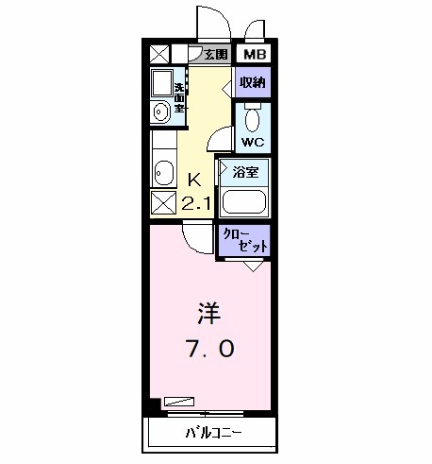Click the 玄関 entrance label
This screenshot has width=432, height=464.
pyautogui.click(x=216, y=55)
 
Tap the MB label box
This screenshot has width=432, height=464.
pyautogui.click(x=255, y=55)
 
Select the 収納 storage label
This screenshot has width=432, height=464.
pyautogui.click(x=252, y=82)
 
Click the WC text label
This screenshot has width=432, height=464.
pyautogui.click(x=252, y=143)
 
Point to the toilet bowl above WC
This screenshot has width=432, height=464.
pyautogui.click(x=252, y=118)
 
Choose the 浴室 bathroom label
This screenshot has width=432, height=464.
pyautogui.click(x=245, y=173)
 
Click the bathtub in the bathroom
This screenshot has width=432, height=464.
pyautogui.click(x=244, y=201)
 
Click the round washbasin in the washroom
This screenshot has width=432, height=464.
pyautogui.click(x=161, y=112)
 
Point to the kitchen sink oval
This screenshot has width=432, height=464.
pyautogui.click(x=163, y=173)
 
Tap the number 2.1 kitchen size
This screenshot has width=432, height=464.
pyautogui.click(x=196, y=202)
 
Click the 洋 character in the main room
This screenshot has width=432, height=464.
pyautogui.click(x=208, y=311)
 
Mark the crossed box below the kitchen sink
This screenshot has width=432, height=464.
pyautogui.click(x=163, y=201)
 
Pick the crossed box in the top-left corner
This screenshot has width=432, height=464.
pyautogui.click(x=160, y=55)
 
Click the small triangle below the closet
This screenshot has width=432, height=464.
pyautogui.click(x=254, y=266)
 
